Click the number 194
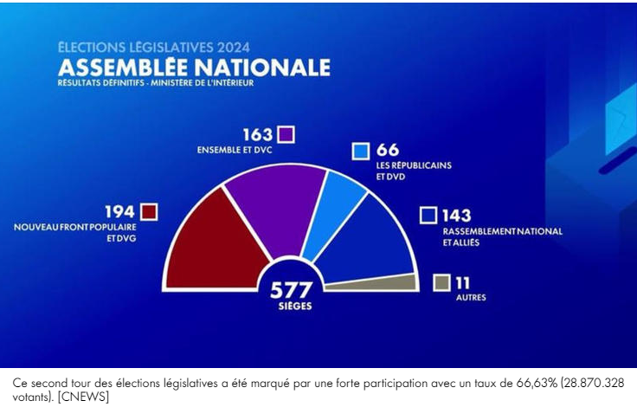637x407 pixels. coord(119,212)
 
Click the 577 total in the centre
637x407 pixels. coord(296,289)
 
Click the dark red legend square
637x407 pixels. coord(149,212)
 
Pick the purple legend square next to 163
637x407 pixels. coord(286,134)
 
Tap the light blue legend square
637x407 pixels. coord(361,151)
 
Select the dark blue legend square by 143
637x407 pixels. coord(428,216)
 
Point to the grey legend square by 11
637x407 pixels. coord(441,282)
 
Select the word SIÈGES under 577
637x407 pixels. coord(296,306)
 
